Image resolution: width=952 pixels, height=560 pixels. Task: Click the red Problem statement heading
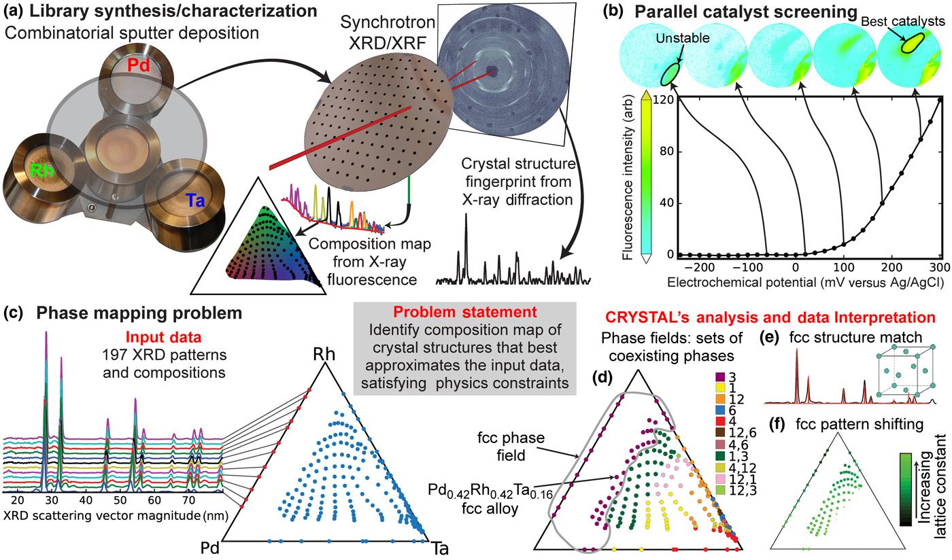tap(464, 313)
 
